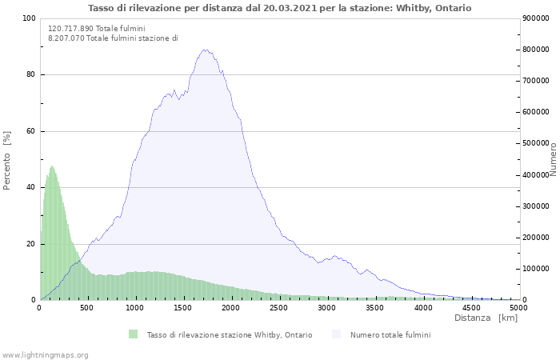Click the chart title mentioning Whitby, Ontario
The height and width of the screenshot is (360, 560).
coord(279,8)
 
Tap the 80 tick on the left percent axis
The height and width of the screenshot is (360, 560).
coord(30,75)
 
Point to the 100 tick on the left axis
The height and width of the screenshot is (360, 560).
coord(29,18)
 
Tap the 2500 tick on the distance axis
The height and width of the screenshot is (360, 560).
coord(279,307)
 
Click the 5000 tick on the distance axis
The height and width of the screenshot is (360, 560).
coord(518,307)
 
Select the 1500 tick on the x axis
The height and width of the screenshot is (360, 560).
coord(183,307)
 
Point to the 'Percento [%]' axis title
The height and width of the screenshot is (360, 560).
coord(8,160)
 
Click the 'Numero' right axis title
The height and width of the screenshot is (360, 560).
coord(553,159)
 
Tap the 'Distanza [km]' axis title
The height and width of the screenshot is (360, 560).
coord(486,318)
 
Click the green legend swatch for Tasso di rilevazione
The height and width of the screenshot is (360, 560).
coord(133,334)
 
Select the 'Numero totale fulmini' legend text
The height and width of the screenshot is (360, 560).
coord(390,334)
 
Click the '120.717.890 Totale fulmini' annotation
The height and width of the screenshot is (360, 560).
coord(97,28)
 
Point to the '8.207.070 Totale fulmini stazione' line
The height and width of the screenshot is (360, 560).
coord(113,38)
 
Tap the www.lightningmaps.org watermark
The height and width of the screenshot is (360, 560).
coord(45,354)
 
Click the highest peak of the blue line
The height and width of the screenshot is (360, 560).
coord(206,50)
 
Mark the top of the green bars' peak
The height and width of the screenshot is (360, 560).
coord(52,166)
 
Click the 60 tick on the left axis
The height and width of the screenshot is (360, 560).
coord(30,131)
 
